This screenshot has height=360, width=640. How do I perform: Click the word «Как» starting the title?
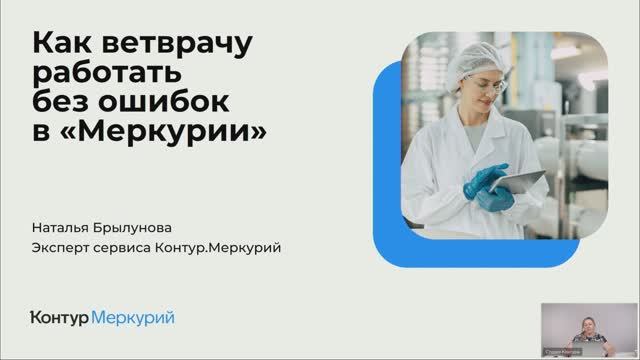pyautogui.click(x=63, y=45)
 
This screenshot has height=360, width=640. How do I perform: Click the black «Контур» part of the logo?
pyautogui.click(x=60, y=318)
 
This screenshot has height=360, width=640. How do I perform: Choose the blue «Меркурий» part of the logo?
pyautogui.click(x=133, y=318)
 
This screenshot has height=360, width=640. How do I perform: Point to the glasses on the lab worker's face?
pyautogui.click(x=482, y=88)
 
